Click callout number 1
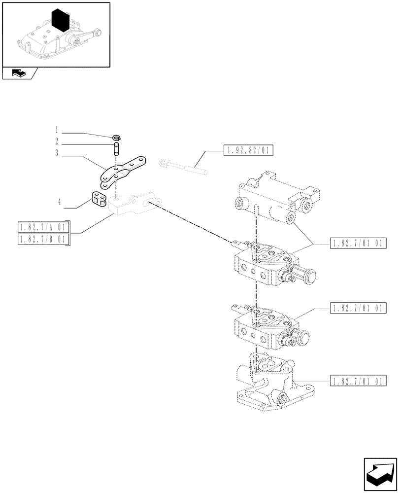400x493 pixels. (x=57, y=130)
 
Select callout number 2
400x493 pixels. (x=57, y=142)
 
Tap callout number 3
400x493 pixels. (x=57, y=153)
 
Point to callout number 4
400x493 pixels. (x=59, y=201)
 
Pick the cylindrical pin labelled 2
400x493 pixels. (x=117, y=148)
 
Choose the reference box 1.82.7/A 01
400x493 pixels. (x=43, y=227)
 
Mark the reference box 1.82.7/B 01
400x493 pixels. (x=43, y=239)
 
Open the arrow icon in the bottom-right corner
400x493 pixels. (x=379, y=472)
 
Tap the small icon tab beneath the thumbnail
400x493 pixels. (x=19, y=73)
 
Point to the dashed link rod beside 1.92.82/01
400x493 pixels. (x=182, y=166)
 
